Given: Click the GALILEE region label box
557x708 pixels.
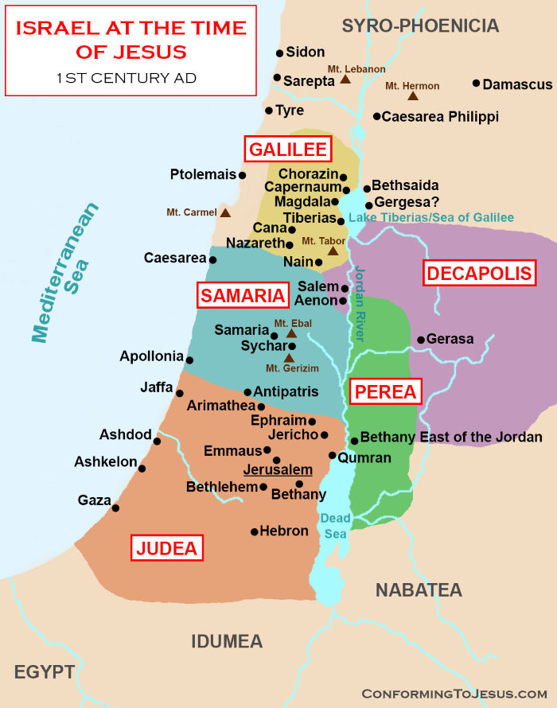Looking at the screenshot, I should point(287,149).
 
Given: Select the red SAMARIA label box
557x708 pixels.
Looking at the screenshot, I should point(242,296).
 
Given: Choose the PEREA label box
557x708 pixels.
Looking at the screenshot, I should point(385,391).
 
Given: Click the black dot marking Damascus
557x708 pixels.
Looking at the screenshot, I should point(476,84).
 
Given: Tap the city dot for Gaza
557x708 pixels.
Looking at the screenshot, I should point(115,508).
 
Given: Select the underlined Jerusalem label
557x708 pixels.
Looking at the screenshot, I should point(278,470).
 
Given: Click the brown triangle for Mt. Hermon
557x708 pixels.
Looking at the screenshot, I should point(413,96).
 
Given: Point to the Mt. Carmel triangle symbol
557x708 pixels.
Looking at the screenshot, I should point(225,212).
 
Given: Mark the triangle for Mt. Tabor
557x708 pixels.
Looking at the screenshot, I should point(332,251).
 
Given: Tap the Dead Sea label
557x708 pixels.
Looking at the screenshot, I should point(335,526).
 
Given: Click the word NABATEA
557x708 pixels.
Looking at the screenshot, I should point(419,589).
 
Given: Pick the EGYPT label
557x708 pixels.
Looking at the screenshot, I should point(44,672).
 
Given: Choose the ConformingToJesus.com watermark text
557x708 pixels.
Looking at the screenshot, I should point(454,693).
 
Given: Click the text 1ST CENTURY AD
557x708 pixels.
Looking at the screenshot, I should point(127,78).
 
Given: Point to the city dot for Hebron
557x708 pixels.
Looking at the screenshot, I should point(254,531).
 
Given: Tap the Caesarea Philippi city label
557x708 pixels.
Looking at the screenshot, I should point(440,116).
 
